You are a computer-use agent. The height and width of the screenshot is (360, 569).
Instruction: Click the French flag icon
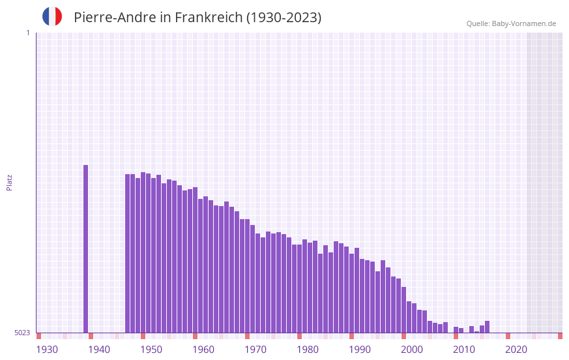pos(52,17)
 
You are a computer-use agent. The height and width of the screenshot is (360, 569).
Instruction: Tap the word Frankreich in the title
pos(207,18)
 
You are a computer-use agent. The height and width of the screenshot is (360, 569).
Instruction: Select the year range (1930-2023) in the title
pos(284,18)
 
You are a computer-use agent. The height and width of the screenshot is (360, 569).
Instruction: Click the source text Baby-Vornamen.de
pos(523,23)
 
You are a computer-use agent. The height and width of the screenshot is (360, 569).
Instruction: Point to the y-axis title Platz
pos(9,182)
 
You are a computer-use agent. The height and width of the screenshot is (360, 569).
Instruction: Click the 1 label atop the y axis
pos(27,33)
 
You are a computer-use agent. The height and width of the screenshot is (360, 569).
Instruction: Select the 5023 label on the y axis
pos(22,333)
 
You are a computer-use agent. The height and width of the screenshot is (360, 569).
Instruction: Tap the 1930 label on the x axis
pos(47,350)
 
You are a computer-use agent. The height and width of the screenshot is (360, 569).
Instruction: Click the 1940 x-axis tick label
pos(99,350)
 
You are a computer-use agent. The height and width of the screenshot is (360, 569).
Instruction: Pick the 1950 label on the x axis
pos(151,350)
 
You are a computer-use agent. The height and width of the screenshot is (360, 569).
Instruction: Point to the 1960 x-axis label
pos(203,350)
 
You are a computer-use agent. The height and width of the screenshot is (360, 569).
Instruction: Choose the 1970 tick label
pos(255,350)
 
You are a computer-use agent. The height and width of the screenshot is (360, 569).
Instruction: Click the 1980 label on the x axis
pos(308,350)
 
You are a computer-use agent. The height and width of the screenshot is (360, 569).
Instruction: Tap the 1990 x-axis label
pos(360,350)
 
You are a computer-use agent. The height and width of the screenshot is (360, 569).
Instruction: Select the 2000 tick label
pos(412,350)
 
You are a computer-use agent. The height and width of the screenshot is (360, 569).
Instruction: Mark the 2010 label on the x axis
pos(464,350)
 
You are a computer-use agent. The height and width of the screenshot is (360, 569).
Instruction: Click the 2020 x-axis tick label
pos(516,350)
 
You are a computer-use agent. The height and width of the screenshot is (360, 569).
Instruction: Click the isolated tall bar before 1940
pos(85,248)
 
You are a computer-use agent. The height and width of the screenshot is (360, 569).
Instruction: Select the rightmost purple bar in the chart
pos(487,327)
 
